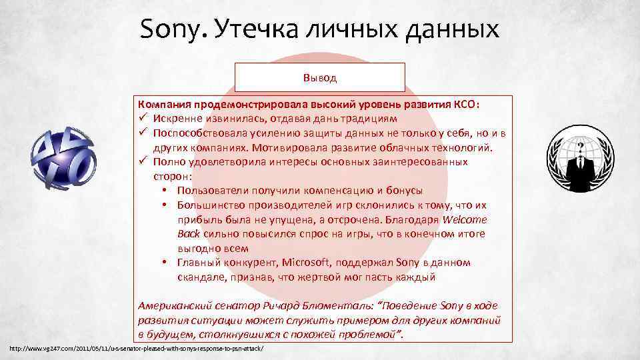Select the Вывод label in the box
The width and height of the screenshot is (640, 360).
(x=320, y=77)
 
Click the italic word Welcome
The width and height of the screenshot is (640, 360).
(x=465, y=220)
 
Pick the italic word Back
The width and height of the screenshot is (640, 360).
(x=189, y=234)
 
